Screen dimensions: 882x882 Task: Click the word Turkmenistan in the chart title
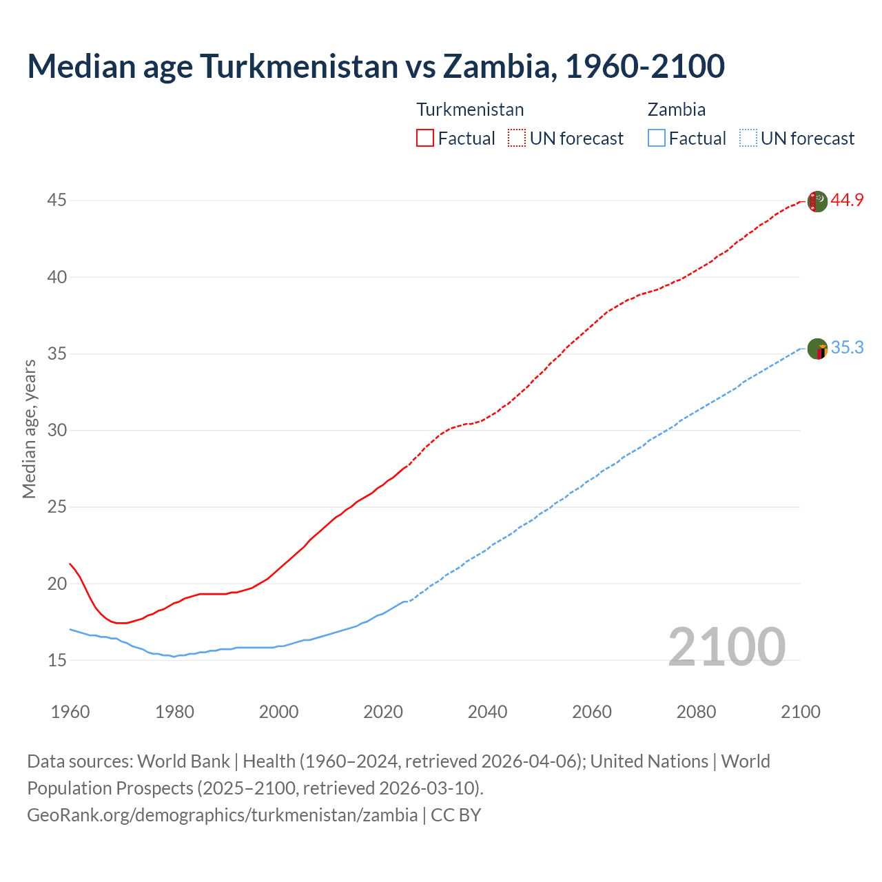coord(299,66)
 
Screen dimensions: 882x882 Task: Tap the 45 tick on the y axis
coord(57,201)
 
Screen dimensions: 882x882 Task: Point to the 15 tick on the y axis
coord(57,660)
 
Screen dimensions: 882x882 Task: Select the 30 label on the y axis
coord(57,430)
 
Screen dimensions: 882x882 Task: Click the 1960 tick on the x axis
coord(70,712)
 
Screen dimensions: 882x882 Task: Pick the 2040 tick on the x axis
coord(487,712)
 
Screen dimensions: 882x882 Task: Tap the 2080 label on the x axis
coord(696,712)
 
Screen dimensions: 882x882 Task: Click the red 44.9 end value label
coord(847,201)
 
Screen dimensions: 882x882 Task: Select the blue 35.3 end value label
coord(847,348)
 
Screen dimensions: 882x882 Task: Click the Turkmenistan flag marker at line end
coord(817,202)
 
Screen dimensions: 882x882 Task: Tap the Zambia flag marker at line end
coord(817,349)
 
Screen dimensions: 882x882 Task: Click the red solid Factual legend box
coord(425,139)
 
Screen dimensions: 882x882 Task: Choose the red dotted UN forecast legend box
coord(517,139)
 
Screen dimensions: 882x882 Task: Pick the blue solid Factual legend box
coord(657,139)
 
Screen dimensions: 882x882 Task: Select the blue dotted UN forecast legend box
coord(748,139)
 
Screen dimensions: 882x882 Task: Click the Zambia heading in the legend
coord(676,110)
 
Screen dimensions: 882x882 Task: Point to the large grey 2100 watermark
coord(726,646)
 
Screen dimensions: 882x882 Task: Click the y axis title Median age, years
coord(29,429)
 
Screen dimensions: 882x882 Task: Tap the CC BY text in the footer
coord(455,814)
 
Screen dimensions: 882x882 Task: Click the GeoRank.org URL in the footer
coord(222,814)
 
